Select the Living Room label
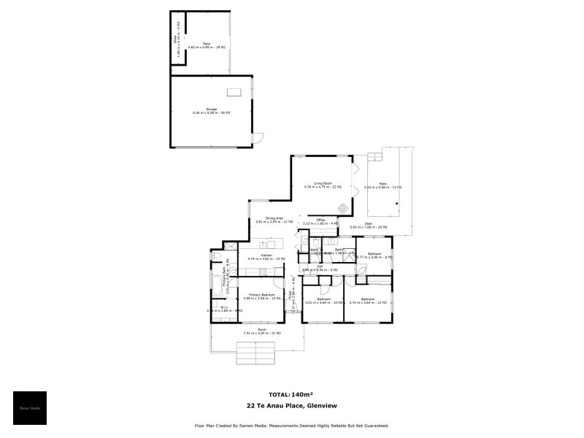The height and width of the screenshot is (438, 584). pyautogui.click(x=323, y=185)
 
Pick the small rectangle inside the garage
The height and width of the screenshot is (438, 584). pyautogui.click(x=234, y=92)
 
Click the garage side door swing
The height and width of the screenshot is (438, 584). pyautogui.click(x=257, y=138)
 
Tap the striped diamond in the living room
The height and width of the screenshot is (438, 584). pyautogui.click(x=334, y=207)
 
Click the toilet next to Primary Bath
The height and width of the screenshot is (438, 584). pyautogui.click(x=215, y=256)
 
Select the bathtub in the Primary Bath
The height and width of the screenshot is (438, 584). pyautogui.click(x=217, y=284)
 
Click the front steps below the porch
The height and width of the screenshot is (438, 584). pyautogui.click(x=256, y=354)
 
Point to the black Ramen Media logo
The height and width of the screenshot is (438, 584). pyautogui.click(x=30, y=408)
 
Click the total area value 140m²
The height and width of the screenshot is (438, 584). pyautogui.click(x=302, y=394)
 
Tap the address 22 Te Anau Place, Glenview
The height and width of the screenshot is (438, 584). pyautogui.click(x=291, y=406)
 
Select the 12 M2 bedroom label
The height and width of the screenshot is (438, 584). pyautogui.click(x=368, y=300)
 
